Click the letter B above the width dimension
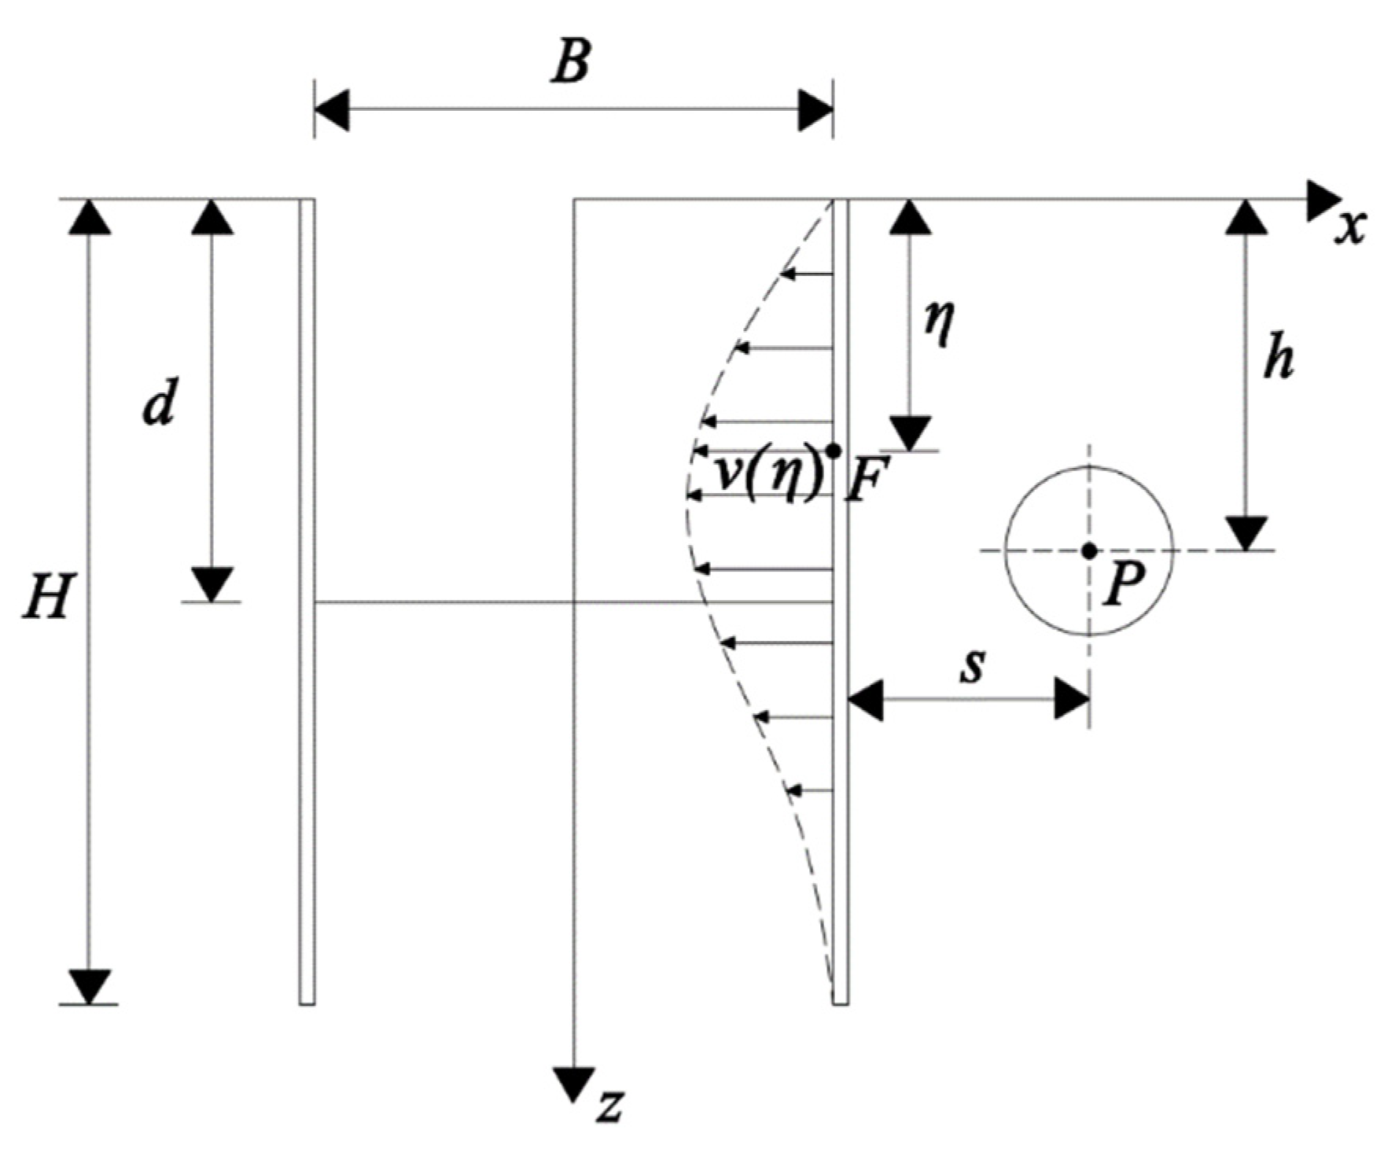(x=571, y=61)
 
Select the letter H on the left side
(x=46, y=595)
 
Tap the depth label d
(x=160, y=403)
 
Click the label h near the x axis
(x=1279, y=359)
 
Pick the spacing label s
(x=973, y=665)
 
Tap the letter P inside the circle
(x=1123, y=585)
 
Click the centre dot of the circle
(x=1089, y=550)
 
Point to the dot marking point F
(x=834, y=451)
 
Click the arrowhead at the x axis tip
(x=1323, y=201)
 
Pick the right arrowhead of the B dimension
(x=815, y=110)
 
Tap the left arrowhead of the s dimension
(x=866, y=697)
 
